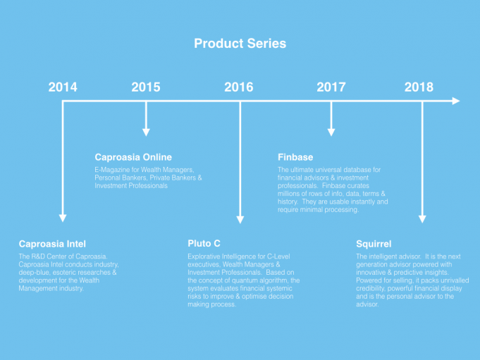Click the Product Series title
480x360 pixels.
(x=240, y=44)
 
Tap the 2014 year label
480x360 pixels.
(x=63, y=87)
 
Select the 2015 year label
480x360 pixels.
(x=146, y=87)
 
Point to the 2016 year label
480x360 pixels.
(x=239, y=87)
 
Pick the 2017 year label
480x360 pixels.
(x=331, y=87)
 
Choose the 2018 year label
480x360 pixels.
(x=419, y=87)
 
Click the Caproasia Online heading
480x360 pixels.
(x=133, y=157)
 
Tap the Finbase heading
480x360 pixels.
(x=295, y=157)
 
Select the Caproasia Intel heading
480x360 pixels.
(x=52, y=244)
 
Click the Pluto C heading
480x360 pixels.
(x=204, y=244)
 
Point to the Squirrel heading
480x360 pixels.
(x=374, y=244)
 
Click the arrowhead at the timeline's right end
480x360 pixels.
(x=456, y=101)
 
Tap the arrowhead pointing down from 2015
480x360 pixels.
(x=146, y=132)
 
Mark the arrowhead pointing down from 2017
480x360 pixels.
(x=331, y=132)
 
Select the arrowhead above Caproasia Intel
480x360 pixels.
(x=63, y=218)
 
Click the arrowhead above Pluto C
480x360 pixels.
(x=240, y=220)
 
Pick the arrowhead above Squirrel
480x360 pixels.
(x=422, y=219)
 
